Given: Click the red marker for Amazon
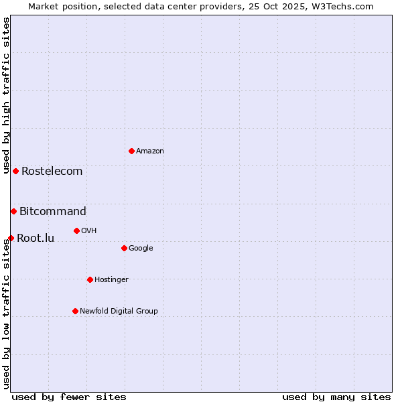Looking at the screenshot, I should [x=131, y=151].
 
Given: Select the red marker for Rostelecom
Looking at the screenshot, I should [x=15, y=171].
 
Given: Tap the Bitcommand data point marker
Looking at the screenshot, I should [x=13, y=211].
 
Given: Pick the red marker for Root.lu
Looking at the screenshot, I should [x=11, y=238].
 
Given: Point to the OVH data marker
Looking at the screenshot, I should [x=76, y=230].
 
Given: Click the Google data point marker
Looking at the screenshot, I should [x=124, y=248].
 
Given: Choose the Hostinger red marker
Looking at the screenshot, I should [x=90, y=279].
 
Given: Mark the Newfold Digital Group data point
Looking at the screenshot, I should [x=75, y=311].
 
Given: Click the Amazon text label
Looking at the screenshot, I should [x=150, y=151].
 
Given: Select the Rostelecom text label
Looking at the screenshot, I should [x=52, y=171].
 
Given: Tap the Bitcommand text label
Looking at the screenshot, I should [x=53, y=211].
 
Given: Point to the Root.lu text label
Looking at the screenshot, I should [x=36, y=238].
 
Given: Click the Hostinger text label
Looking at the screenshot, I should [x=111, y=279].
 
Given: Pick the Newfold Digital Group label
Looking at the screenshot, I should [x=119, y=311].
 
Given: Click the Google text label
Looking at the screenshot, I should [x=141, y=248].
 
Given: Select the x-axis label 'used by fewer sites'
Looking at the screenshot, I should [x=69, y=397].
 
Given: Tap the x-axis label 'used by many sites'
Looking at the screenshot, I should [x=336, y=397].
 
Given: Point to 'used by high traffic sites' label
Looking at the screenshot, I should [x=6, y=96].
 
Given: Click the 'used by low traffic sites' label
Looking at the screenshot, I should [x=6, y=314].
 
